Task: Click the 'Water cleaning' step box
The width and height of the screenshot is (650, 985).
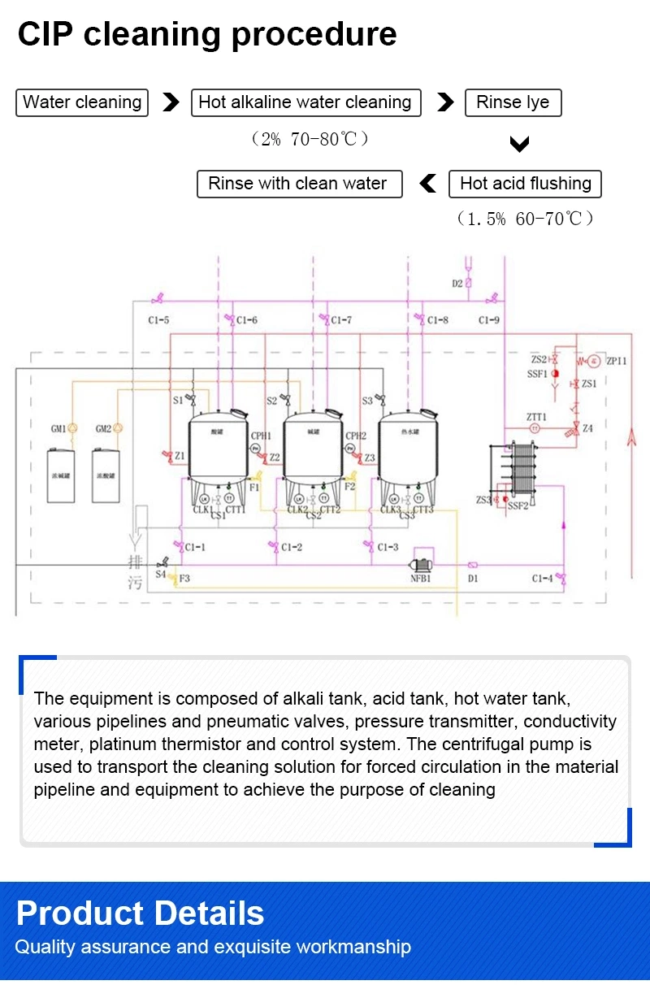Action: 82,102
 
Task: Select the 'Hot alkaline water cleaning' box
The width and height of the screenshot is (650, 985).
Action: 305,102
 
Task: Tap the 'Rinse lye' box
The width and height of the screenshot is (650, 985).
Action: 513,102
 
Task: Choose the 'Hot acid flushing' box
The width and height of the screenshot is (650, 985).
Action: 525,184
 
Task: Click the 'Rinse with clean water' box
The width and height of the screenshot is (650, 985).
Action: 299,184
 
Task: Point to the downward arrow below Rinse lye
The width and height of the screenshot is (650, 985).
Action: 519,145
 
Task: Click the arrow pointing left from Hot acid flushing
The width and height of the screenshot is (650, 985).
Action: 427,184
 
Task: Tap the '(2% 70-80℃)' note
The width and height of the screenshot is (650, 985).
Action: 310,140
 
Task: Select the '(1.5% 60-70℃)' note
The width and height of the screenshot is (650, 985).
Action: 525,219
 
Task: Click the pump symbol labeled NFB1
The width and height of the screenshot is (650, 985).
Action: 421,563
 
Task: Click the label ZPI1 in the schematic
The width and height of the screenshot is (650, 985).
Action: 617,360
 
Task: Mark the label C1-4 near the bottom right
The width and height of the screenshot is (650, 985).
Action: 542,579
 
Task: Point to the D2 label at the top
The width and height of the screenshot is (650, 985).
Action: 457,284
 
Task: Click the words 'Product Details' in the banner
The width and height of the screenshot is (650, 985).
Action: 140,913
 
